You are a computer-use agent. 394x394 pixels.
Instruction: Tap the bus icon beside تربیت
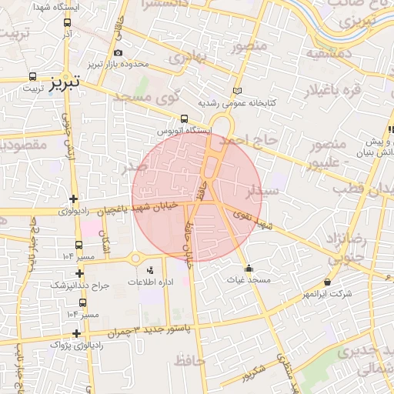32,77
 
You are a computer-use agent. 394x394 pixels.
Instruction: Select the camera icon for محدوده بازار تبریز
119,52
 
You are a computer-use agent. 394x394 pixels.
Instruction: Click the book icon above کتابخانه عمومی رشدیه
236,91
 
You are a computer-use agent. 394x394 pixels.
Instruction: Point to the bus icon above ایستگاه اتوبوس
183,119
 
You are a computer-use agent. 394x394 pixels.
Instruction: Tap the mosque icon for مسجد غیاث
249,269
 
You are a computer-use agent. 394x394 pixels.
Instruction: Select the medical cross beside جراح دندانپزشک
80,272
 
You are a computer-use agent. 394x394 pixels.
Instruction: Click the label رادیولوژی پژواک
51,346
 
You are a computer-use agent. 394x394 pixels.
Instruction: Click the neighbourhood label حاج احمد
245,142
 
